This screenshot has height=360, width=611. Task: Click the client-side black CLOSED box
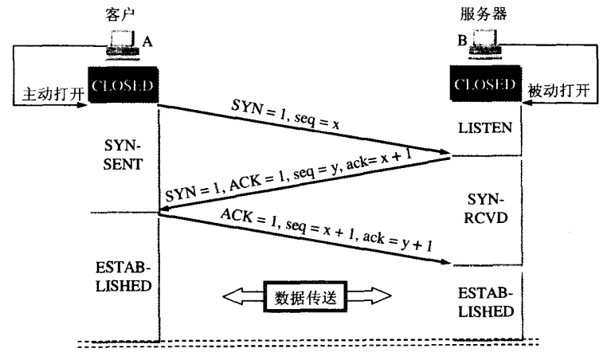tap(120, 86)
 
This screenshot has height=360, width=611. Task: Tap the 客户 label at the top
tap(117, 14)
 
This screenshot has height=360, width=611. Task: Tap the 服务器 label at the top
tap(485, 14)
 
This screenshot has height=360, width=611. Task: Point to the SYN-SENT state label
tap(121, 156)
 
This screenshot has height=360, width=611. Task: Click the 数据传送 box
tap(306, 296)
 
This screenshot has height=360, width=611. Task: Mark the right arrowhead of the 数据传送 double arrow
tap(381, 296)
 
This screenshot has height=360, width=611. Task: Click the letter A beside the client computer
tap(146, 42)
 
